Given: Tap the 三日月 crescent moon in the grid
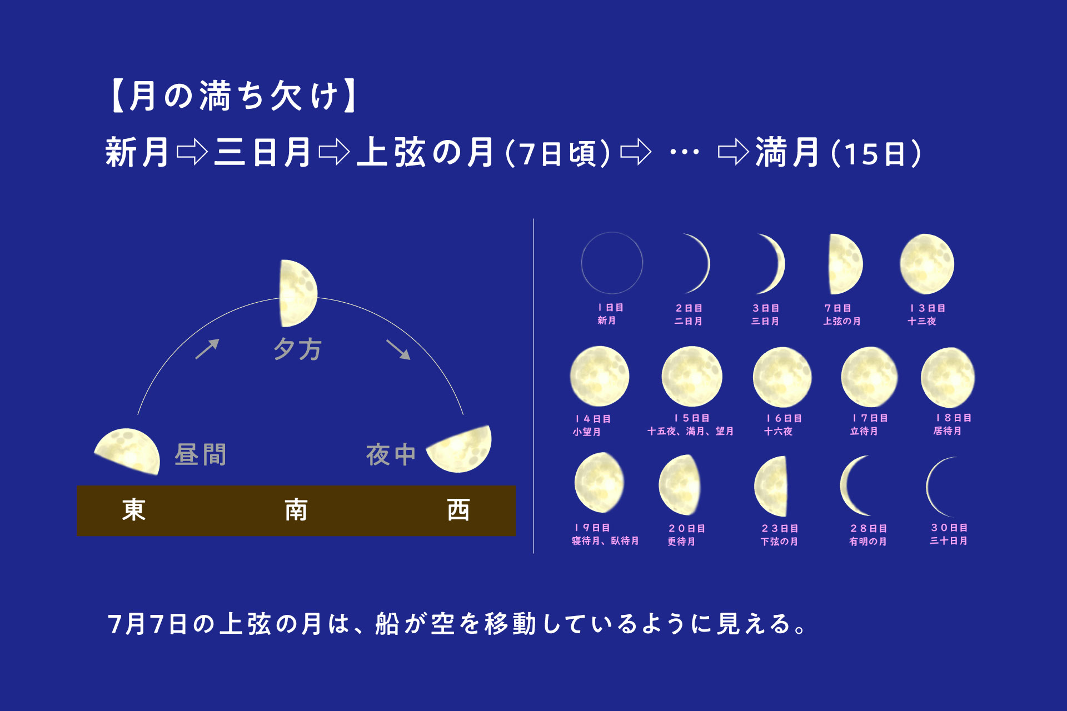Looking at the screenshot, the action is tap(776, 264).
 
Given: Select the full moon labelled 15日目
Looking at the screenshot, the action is tap(692, 377).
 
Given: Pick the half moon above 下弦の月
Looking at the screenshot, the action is tap(771, 487).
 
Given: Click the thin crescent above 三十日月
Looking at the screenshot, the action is tap(928, 487).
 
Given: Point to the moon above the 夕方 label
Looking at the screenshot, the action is tap(298, 293).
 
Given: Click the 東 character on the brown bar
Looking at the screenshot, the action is tap(134, 510).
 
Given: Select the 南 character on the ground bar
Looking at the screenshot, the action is tap(296, 510).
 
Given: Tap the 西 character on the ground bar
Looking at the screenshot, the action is tap(458, 510).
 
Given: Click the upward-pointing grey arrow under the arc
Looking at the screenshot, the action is tap(207, 349).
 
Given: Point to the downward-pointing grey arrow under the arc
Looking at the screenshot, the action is tap(398, 349).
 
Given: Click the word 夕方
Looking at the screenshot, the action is tap(298, 349).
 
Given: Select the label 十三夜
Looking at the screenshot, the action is tap(922, 321).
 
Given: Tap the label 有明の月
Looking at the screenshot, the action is tap(868, 542).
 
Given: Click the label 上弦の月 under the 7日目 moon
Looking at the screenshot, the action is tap(842, 321).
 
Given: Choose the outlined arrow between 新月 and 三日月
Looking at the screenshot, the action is tap(192, 152).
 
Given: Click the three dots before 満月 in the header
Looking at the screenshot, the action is tap(685, 152).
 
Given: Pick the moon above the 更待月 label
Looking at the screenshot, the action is tap(679, 485).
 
